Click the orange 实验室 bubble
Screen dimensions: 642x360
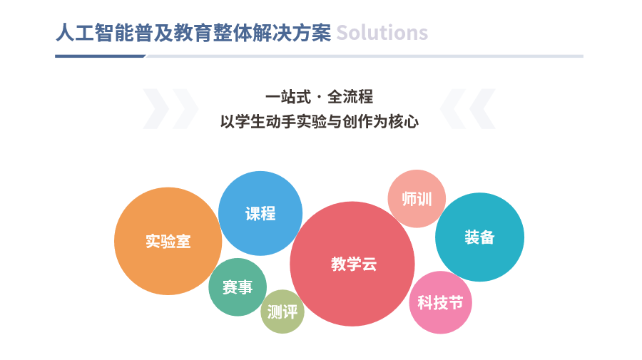tap(168, 241)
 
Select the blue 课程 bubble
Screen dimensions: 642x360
tap(260, 213)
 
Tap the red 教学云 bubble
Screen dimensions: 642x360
tap(352, 264)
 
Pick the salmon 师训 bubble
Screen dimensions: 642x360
tap(417, 198)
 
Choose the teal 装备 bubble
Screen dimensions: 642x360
tap(479, 237)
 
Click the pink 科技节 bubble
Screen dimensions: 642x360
tap(441, 302)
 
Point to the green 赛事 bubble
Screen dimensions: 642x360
tap(238, 287)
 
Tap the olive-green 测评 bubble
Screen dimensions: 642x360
tap(282, 312)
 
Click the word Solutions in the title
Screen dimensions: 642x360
tap(382, 33)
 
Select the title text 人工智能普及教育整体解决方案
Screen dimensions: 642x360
tap(193, 33)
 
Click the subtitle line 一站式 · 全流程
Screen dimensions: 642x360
tap(320, 97)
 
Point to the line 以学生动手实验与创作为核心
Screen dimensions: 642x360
tap(320, 121)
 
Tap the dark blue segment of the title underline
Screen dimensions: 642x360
tap(101, 56)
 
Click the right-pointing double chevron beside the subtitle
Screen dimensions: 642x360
tap(170, 109)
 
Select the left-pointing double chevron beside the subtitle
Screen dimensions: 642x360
tap(467, 109)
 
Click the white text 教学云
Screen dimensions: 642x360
tap(354, 264)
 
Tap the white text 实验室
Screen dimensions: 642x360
tap(168, 241)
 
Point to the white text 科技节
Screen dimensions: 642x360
tap(441, 302)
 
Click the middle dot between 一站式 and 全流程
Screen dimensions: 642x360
tap(320, 98)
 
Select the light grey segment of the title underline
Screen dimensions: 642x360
tap(365, 56)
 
